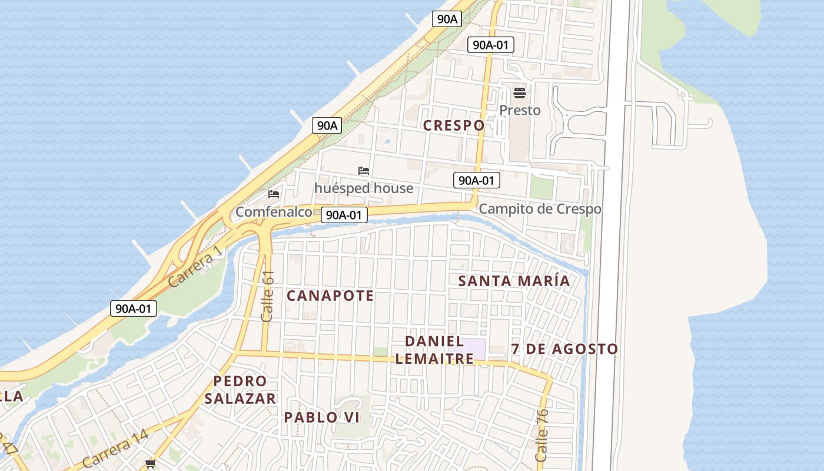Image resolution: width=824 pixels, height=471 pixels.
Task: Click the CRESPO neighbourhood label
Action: (454, 125)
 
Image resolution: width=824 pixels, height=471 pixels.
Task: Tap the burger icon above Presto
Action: (520, 93)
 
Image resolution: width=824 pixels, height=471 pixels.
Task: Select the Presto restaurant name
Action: (520, 110)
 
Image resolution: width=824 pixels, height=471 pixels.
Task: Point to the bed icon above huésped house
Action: (364, 171)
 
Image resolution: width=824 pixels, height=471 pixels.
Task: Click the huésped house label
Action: (364, 188)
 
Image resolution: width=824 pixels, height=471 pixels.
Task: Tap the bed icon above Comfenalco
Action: (274, 194)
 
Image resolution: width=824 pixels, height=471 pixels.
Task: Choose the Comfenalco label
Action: (274, 211)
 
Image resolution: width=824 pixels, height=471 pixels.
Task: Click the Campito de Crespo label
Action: (540, 209)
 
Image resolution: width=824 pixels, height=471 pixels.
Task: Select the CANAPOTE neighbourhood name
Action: (330, 296)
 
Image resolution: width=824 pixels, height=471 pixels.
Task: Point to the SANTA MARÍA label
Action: (514, 281)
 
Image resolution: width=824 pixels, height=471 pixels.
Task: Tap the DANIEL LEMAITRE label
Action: (434, 350)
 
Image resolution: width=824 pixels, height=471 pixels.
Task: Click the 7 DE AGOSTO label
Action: (564, 349)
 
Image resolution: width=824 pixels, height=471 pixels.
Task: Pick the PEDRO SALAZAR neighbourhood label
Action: (240, 390)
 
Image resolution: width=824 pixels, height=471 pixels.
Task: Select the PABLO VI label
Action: (322, 417)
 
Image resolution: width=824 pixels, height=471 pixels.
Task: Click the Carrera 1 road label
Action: (196, 266)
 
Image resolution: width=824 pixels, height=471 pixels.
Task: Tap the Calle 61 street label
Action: (268, 296)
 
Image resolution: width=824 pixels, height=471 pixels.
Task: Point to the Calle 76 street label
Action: (542, 436)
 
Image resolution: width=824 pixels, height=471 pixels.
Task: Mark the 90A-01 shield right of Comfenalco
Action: (344, 215)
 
